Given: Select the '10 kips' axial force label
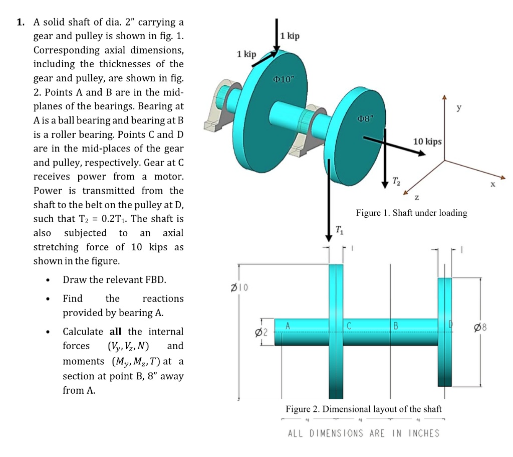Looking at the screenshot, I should click(427, 141).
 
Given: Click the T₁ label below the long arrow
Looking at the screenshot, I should click(339, 230).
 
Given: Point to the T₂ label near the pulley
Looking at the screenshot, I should click(396, 180).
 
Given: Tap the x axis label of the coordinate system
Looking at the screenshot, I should click(492, 185).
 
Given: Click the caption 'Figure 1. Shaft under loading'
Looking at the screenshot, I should click(411, 213).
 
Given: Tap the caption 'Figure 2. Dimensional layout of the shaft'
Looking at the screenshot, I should click(364, 409).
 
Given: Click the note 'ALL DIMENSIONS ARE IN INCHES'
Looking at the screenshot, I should click(363, 433).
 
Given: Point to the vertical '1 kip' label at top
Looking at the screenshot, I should click(290, 36).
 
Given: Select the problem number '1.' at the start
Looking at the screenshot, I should click(20, 22).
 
